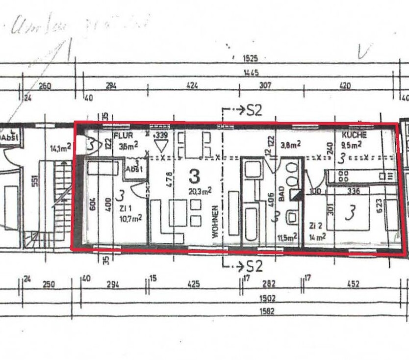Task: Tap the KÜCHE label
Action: (354, 135)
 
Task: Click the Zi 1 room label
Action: (127, 208)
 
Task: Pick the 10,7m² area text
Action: (130, 218)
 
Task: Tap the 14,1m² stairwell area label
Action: (60, 146)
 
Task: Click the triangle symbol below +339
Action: (160, 145)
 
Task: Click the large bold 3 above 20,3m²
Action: (194, 176)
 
